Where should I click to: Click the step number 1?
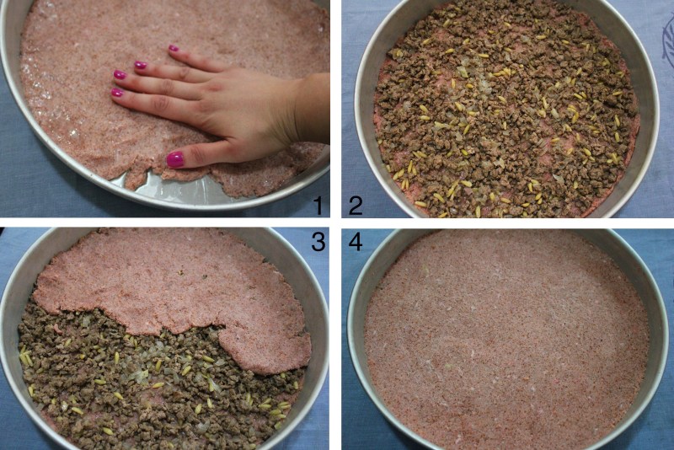point(318,205)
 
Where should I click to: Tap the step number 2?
point(356,205)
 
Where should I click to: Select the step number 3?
point(318,243)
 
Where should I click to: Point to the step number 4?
point(356,243)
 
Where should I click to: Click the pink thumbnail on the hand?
point(175,159)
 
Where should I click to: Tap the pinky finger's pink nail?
point(174,48)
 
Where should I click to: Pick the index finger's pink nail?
point(117,93)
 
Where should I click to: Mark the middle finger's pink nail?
point(120,75)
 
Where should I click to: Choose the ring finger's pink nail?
point(140,65)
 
